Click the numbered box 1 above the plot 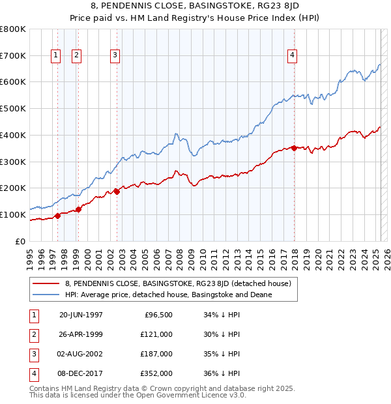[55, 56]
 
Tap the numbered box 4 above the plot [293, 56]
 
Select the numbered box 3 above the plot [115, 56]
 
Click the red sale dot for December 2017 [294, 148]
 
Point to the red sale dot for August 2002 [117, 192]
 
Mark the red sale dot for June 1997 [57, 216]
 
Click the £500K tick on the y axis [13, 109]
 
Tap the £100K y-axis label [13, 214]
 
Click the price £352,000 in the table [157, 374]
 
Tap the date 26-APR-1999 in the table [81, 334]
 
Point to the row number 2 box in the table [33, 334]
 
